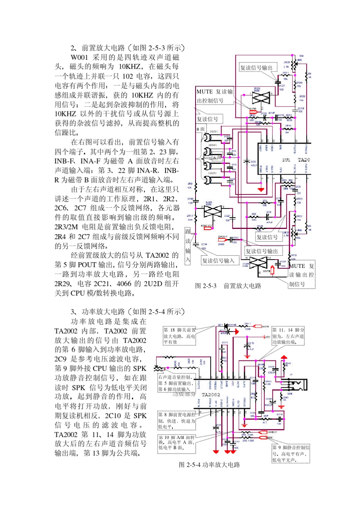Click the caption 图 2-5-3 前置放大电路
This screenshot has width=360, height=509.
(228, 286)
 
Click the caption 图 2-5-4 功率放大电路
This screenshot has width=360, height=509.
(209, 465)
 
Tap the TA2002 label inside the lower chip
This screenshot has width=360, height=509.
(211, 395)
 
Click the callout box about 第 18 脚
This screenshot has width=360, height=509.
(179, 336)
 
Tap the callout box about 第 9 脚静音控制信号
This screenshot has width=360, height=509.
(291, 454)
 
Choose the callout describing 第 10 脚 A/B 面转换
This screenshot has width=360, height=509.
(177, 443)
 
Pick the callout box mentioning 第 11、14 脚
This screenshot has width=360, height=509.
(288, 336)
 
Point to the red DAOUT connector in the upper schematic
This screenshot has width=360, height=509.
(222, 239)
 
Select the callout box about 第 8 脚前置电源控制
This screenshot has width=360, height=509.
(177, 420)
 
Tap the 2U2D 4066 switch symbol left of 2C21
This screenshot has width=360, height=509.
(213, 211)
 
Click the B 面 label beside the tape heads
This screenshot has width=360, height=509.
(200, 129)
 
